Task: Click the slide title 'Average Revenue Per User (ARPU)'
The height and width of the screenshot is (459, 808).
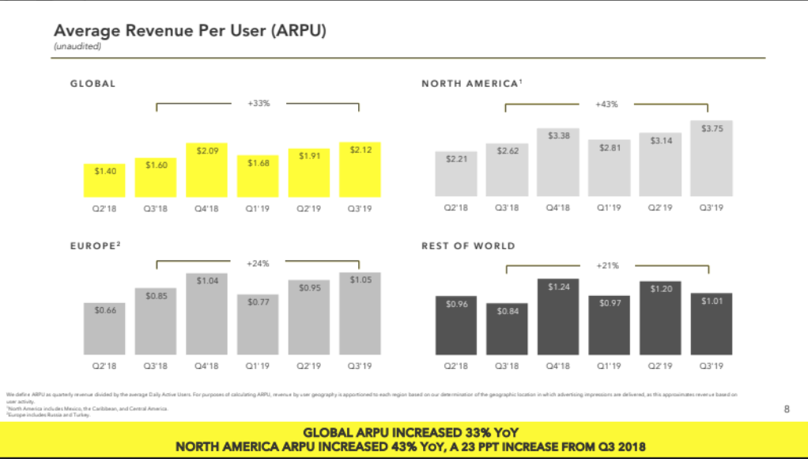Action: click(x=189, y=31)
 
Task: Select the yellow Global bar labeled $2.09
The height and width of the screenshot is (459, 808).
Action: click(x=207, y=170)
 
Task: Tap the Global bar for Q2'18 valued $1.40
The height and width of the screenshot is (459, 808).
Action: click(x=105, y=180)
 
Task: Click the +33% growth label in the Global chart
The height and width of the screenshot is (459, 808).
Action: click(x=259, y=103)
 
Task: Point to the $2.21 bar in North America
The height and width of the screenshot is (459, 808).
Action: click(x=455, y=174)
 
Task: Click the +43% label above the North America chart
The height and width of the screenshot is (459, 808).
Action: click(x=606, y=104)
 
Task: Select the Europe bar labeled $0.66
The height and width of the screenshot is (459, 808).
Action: click(x=105, y=328)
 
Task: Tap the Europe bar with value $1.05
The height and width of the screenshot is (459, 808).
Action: click(x=360, y=313)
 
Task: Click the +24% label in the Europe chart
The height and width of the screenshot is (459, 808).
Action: click(x=259, y=262)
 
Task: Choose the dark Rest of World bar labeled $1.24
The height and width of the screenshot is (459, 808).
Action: click(x=558, y=317)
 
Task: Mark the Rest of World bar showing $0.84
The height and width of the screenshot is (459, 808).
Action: click(x=507, y=329)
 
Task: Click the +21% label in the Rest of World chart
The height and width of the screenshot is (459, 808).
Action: click(x=606, y=266)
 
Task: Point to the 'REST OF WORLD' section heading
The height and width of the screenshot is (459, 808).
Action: click(x=468, y=246)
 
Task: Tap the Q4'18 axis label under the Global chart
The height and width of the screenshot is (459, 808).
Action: click(x=206, y=209)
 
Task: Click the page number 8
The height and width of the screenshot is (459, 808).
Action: click(x=786, y=409)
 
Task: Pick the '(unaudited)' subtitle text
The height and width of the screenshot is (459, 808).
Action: click(x=77, y=47)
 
